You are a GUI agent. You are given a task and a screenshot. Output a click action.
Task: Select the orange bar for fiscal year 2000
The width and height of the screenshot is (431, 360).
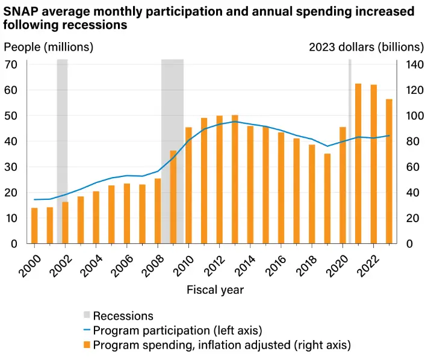pos(34,226)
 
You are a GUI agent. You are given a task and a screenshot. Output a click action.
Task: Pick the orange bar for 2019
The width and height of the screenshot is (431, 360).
pos(327,199)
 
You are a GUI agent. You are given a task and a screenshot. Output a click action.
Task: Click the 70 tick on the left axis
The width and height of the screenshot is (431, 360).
pos(14,64)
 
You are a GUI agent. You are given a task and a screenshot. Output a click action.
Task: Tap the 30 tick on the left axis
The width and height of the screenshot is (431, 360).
pos(14,167)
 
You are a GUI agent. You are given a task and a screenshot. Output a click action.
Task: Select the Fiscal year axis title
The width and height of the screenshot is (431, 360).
pos(215,290)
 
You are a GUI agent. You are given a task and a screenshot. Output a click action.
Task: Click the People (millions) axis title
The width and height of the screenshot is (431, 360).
pos(49,47)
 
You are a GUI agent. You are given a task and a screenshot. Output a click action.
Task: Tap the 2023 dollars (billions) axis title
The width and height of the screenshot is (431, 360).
pos(366,47)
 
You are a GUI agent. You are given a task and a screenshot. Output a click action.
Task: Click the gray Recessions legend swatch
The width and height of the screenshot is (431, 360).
pos(87,315)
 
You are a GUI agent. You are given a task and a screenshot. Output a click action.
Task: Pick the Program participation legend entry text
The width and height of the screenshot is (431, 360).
pos(178,331)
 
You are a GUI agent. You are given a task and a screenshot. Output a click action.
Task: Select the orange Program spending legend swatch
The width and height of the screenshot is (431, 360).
pos(87,345)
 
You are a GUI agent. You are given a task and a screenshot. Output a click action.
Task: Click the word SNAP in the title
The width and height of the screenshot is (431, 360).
pos(22,11)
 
